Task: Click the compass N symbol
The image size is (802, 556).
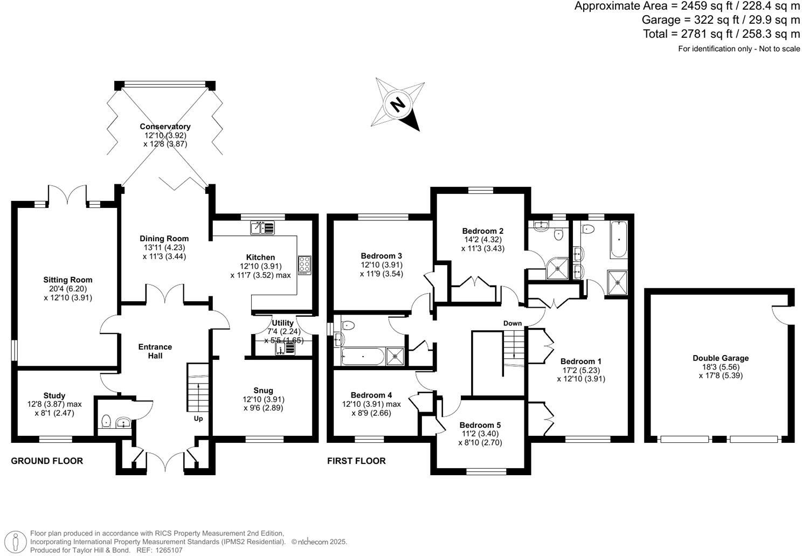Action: tap(398, 104)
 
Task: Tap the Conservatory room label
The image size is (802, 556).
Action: tap(165, 127)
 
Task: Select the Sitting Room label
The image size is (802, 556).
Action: tap(68, 280)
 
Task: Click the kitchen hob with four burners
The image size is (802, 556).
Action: tap(305, 265)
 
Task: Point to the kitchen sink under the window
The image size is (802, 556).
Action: tap(262, 228)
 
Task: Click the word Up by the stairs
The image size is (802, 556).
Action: tap(198, 419)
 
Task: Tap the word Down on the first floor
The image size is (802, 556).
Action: tap(513, 323)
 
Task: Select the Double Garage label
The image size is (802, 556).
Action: tap(721, 358)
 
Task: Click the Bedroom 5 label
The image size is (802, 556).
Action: tap(480, 425)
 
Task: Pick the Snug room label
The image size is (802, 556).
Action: tap(263, 390)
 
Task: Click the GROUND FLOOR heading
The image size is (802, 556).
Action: tap(47, 461)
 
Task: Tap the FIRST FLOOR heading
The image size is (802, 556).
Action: tap(356, 461)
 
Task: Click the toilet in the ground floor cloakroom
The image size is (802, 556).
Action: tap(106, 421)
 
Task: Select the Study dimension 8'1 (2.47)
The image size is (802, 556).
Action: tap(54, 413)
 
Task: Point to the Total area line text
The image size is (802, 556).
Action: tap(721, 34)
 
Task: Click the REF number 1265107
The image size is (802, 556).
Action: tap(167, 550)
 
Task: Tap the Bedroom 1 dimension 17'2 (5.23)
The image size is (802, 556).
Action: tap(581, 370)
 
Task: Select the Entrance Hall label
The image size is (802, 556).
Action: tap(155, 351)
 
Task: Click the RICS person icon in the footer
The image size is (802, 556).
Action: tap(18, 541)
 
